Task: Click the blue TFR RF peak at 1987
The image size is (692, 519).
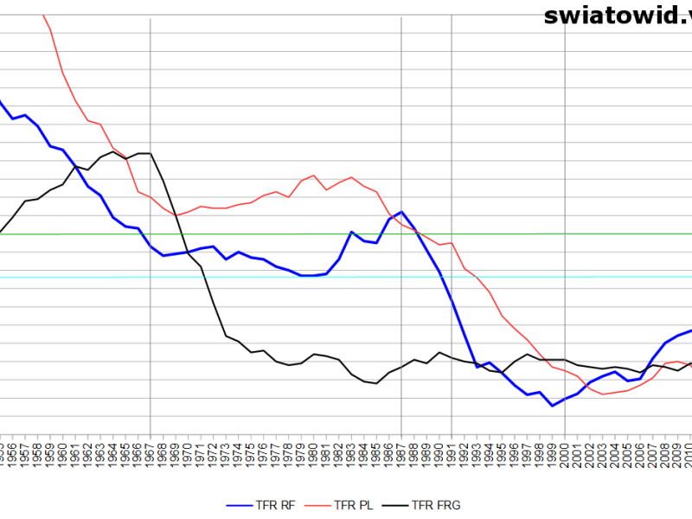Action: pyautogui.click(x=401, y=211)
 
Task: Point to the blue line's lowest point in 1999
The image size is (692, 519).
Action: pyautogui.click(x=552, y=406)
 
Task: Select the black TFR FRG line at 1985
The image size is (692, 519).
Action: pyautogui.click(x=376, y=383)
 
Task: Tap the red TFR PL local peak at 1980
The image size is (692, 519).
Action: pyautogui.click(x=313, y=176)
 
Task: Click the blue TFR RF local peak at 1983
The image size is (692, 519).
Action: pyautogui.click(x=351, y=232)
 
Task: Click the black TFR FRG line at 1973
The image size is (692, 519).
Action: pyautogui.click(x=226, y=336)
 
